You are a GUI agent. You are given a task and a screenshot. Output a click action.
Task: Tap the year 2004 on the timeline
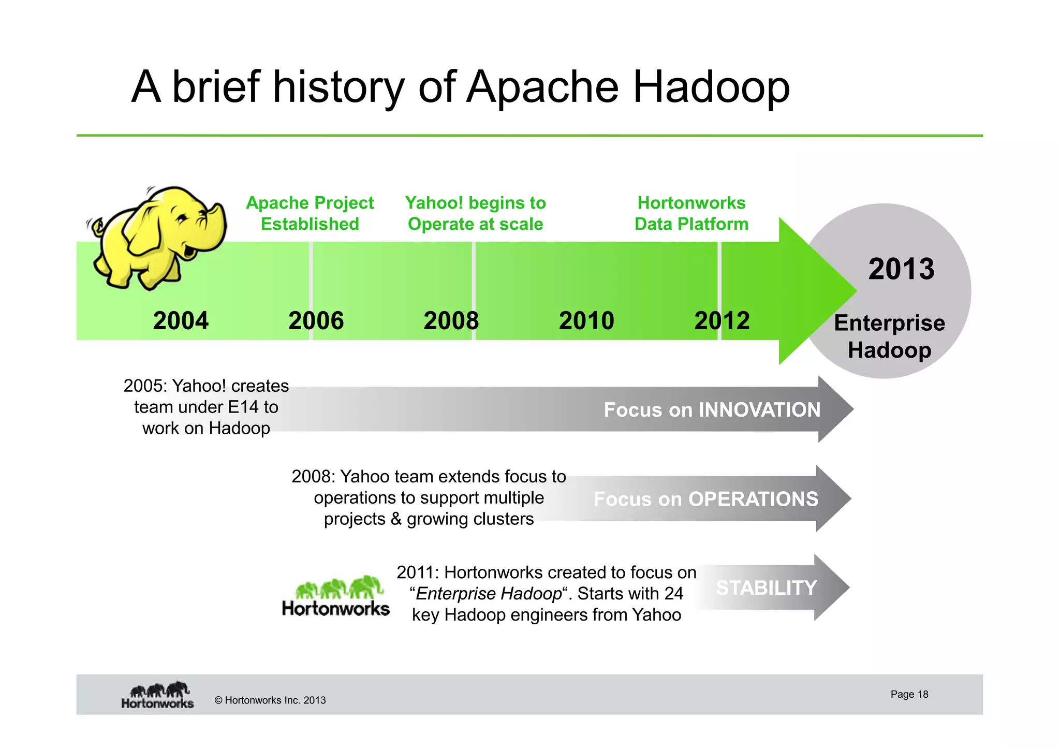click(181, 320)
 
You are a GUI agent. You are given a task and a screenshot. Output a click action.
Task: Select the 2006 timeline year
click(316, 320)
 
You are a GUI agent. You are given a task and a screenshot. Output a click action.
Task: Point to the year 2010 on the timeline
click(586, 320)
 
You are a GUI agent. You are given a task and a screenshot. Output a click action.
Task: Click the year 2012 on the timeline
click(722, 320)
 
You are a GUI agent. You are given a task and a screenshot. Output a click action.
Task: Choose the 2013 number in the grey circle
click(901, 269)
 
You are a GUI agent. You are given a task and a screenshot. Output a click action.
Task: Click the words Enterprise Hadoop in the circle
click(889, 336)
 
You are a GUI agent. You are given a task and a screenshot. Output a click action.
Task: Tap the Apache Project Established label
click(310, 213)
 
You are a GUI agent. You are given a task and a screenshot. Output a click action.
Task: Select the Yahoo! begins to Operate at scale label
click(475, 213)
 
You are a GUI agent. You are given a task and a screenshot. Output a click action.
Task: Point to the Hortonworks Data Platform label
click(691, 213)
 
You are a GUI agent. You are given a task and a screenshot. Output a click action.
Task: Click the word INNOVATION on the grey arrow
click(759, 410)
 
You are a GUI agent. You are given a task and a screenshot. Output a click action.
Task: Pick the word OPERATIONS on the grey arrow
click(753, 499)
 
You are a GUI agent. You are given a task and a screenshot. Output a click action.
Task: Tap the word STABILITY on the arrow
click(766, 588)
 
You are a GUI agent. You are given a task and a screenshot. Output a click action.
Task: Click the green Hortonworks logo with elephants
click(336, 596)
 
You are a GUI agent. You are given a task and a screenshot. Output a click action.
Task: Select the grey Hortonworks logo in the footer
click(158, 695)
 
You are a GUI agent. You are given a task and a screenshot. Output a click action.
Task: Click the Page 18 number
click(909, 694)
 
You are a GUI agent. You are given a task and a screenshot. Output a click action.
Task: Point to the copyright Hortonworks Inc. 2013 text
click(270, 700)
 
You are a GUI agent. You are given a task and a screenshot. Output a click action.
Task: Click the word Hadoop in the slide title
click(711, 87)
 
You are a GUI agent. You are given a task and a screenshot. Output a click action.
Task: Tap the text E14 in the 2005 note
click(243, 407)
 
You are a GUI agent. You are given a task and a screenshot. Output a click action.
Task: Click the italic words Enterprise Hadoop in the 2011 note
click(489, 594)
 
